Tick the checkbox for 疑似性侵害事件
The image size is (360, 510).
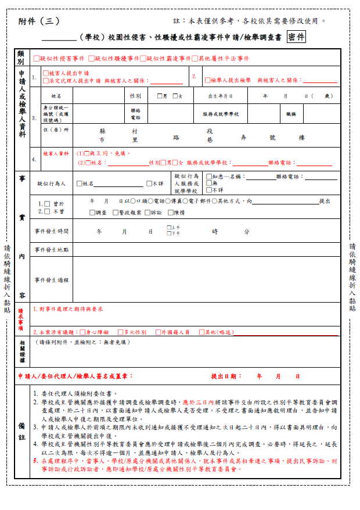coord(36,59)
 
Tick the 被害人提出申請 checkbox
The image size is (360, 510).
coord(46,74)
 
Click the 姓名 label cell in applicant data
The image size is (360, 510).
coord(56,96)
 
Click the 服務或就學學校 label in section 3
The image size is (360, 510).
coord(221,114)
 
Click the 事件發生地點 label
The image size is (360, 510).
coord(52,249)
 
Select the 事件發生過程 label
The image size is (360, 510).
coord(52,280)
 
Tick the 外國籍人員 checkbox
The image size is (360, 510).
coord(158,332)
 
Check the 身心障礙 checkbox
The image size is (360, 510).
coord(81,332)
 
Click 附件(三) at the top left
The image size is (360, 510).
coord(39,21)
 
